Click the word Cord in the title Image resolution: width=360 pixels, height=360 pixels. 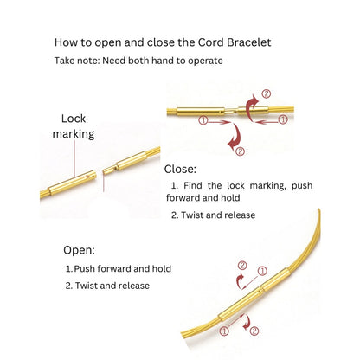(x=210, y=42)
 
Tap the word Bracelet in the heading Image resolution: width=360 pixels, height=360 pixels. (x=249, y=42)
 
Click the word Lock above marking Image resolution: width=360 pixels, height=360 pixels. (x=74, y=119)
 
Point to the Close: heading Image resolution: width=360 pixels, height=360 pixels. (x=180, y=169)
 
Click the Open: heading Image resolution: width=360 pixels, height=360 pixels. (x=79, y=250)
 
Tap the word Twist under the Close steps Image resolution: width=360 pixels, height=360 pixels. (x=193, y=215)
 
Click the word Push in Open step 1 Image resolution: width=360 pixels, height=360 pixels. (x=85, y=269)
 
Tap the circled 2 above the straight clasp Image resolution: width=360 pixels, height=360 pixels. (x=267, y=93)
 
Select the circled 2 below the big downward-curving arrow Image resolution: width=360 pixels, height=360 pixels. (x=241, y=151)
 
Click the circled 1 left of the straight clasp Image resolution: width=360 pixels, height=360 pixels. (x=203, y=120)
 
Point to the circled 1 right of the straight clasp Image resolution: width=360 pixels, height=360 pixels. (x=283, y=119)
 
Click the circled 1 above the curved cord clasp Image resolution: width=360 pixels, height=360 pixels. (x=262, y=271)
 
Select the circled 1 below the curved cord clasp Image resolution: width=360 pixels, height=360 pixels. (x=224, y=331)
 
